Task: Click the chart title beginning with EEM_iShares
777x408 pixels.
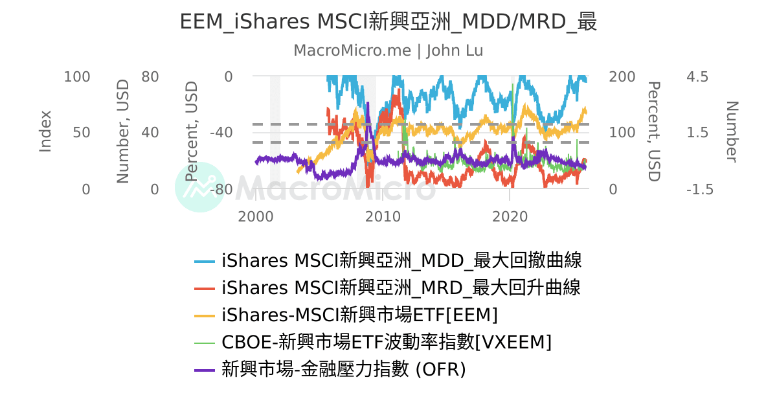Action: click(x=388, y=22)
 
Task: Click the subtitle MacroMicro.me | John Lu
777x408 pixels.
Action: click(x=388, y=51)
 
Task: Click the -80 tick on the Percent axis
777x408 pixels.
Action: click(x=220, y=190)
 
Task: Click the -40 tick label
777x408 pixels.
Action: click(x=220, y=133)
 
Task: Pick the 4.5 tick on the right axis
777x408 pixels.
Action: click(x=697, y=76)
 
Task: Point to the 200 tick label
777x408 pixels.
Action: click(x=622, y=76)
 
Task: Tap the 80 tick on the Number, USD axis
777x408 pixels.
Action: click(x=150, y=76)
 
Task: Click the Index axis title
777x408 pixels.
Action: click(x=45, y=131)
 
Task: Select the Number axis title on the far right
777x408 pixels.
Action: click(x=732, y=131)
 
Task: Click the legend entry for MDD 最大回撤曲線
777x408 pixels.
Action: click(x=401, y=260)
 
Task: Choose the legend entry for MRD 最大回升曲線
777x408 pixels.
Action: click(x=401, y=288)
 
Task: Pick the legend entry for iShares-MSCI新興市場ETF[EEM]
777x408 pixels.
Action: click(x=359, y=315)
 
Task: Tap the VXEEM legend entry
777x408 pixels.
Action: click(x=387, y=342)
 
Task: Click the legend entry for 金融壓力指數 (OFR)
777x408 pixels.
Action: click(x=343, y=369)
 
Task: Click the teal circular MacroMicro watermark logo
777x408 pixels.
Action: click(x=200, y=187)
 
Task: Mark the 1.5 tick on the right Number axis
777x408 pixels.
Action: click(x=697, y=133)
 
